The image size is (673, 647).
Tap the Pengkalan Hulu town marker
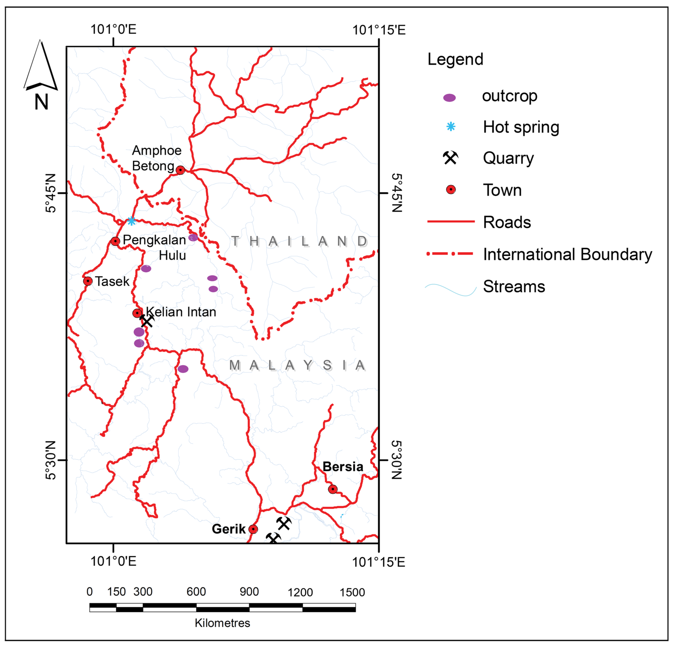click(115, 241)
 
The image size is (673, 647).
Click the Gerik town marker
click(253, 529)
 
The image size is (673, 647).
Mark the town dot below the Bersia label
click(332, 489)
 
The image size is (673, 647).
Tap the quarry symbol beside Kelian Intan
click(147, 321)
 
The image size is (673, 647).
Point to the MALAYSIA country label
click(297, 365)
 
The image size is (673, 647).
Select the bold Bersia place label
click(343, 467)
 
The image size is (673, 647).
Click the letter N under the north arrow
click(41, 102)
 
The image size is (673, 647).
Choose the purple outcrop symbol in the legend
click(449, 98)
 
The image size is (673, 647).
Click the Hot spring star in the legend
click(450, 127)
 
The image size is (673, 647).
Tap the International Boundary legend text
click(567, 254)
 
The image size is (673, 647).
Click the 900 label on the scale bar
click(249, 592)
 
